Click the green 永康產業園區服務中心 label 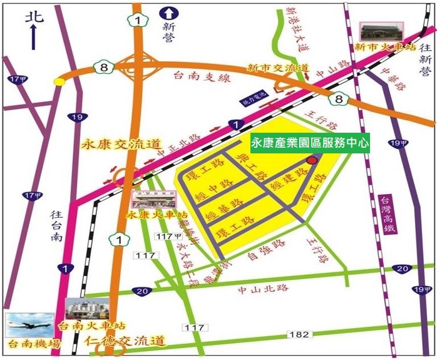pyautogui.click(x=310, y=143)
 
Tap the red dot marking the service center pyautogui.click(x=312, y=160)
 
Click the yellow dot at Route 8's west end pyautogui.click(x=59, y=81)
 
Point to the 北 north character pyautogui.click(x=33, y=17)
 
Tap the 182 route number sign pyautogui.click(x=299, y=334)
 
